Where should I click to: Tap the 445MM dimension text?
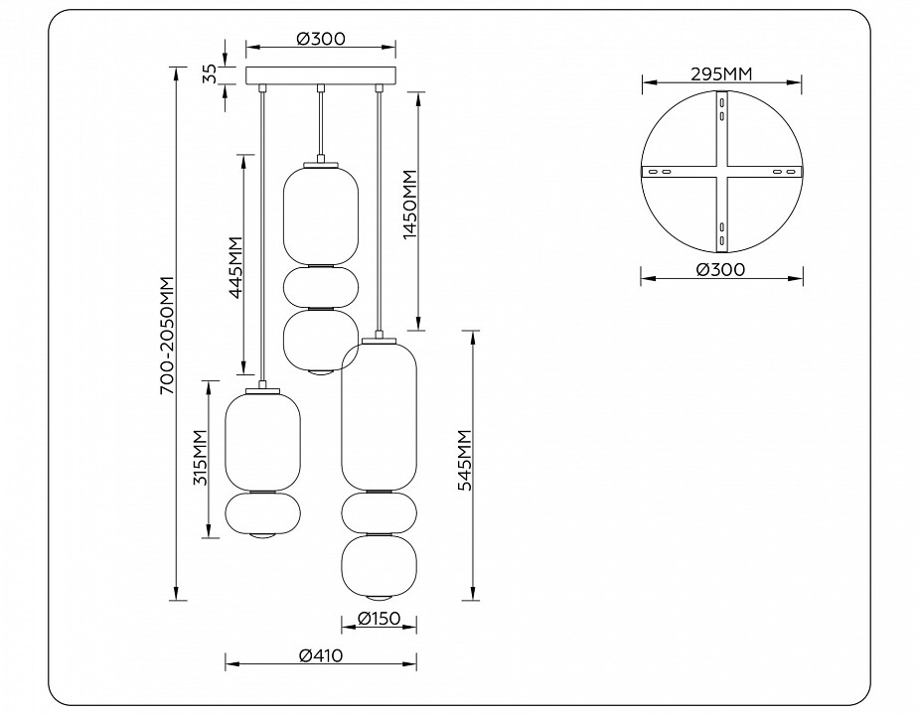coord(234,267)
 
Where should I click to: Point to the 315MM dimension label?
coord(199,459)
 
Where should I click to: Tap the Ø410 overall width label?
coord(321,655)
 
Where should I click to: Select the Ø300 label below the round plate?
coord(720,269)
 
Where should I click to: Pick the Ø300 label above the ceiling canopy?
coord(320,39)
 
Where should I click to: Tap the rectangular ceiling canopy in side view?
coord(320,76)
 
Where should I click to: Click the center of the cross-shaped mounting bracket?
coord(720,171)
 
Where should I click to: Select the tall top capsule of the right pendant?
coord(379,414)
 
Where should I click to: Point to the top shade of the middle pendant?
coord(321,214)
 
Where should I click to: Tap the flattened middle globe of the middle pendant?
coord(321,287)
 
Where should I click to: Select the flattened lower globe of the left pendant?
coord(262,513)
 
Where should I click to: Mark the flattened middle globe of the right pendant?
coord(379,511)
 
